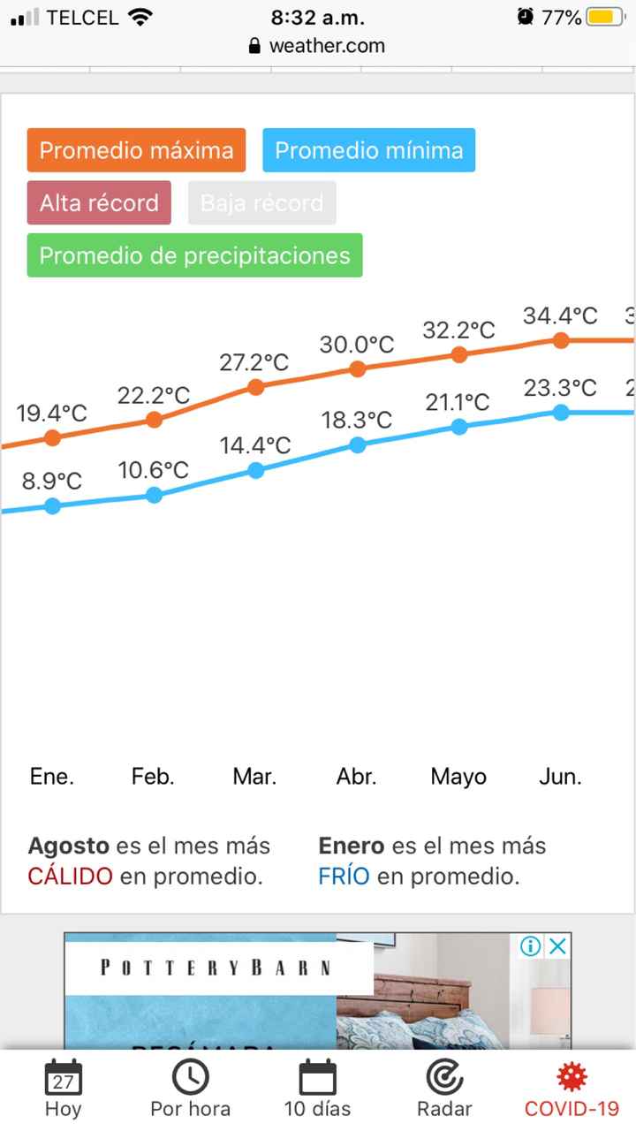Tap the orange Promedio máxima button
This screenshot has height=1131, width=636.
tap(136, 150)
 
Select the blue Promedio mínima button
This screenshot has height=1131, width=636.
tap(368, 150)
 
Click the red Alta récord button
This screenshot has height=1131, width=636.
tap(99, 203)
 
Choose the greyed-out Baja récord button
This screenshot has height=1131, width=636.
tap(261, 203)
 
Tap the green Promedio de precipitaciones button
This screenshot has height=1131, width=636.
tap(194, 255)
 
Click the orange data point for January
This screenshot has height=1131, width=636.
tap(52, 437)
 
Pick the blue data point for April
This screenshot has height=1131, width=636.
tap(357, 444)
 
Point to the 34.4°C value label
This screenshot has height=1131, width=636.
tap(560, 315)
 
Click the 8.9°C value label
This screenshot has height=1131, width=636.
tap(52, 482)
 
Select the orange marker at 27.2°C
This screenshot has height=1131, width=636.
tap(255, 387)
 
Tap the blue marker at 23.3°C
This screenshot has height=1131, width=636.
tap(560, 412)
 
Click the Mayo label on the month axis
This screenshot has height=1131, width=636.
tap(458, 778)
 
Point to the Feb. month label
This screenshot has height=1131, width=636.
tap(153, 778)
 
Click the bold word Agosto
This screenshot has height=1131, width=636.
tap(69, 846)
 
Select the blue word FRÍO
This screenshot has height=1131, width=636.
tap(344, 877)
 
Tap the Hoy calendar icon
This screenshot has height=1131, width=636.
tap(63, 1078)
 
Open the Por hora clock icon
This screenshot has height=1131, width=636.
tap(190, 1077)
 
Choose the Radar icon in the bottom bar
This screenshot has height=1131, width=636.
tap(444, 1077)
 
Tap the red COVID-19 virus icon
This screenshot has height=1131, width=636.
tap(572, 1077)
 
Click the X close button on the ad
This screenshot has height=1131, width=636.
tap(557, 947)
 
